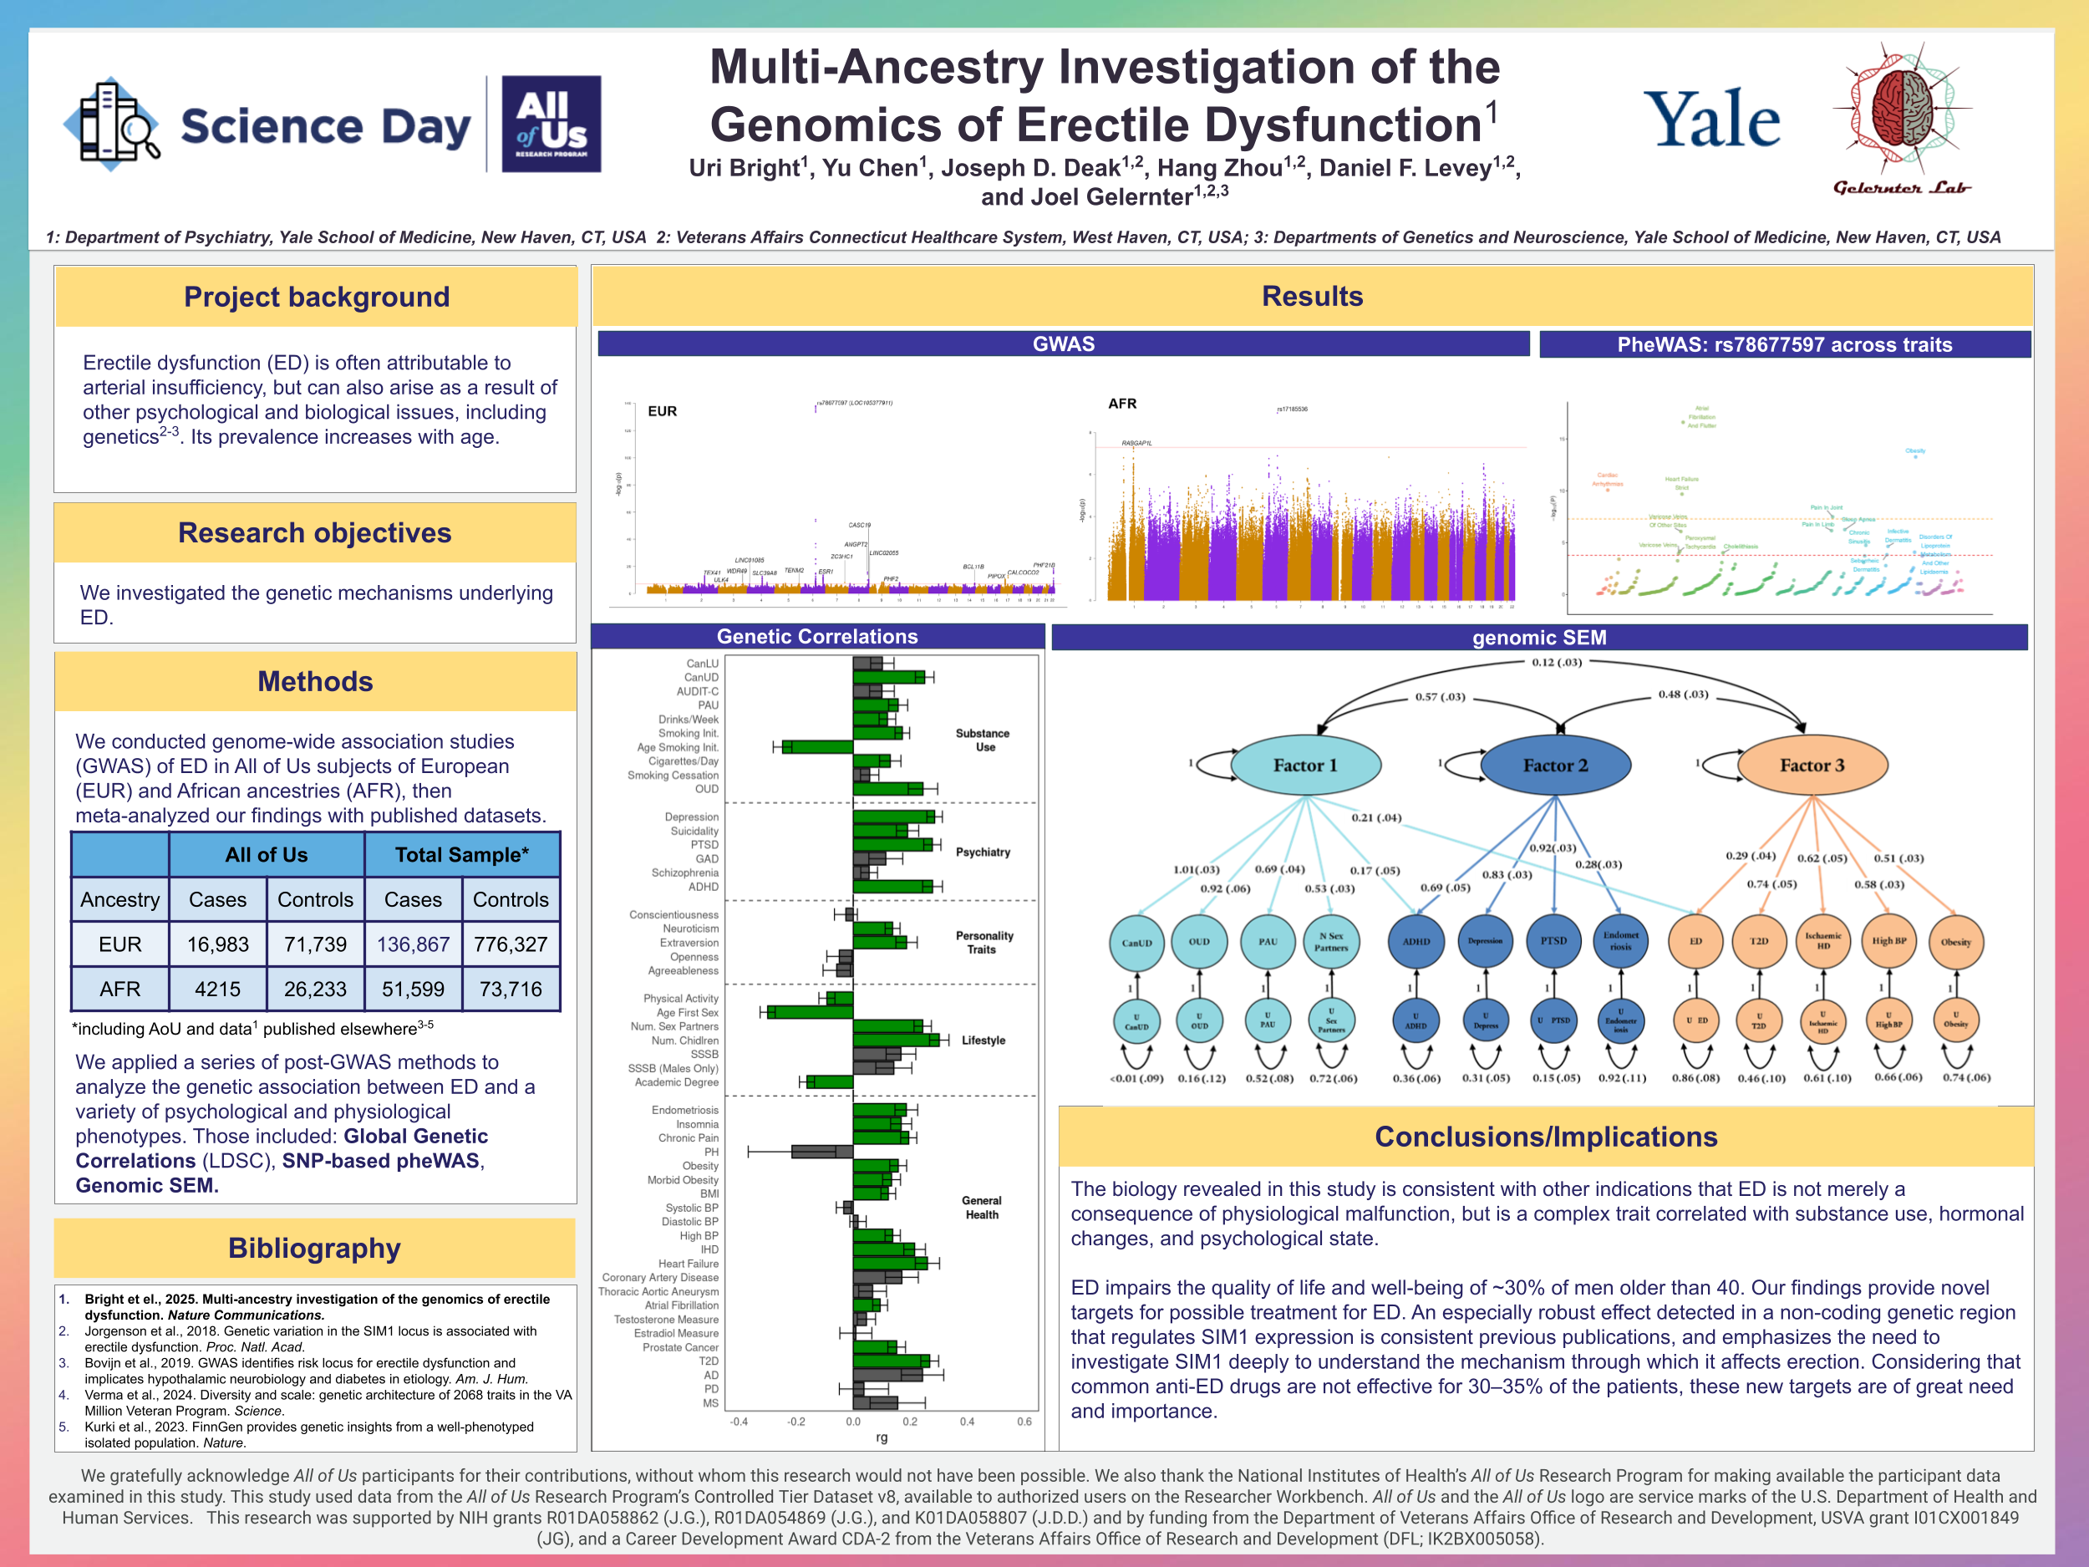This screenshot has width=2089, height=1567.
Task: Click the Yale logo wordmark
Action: [1711, 120]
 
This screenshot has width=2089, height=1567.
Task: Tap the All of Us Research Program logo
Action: [551, 124]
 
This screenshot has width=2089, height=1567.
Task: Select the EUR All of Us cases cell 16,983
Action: [217, 944]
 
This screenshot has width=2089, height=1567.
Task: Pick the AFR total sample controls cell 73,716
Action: [510, 988]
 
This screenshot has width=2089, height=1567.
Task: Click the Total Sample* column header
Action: [461, 855]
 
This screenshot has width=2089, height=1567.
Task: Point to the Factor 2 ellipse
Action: [1554, 765]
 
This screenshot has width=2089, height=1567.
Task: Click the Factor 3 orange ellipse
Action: [1812, 765]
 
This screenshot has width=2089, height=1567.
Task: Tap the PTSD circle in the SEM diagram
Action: [1553, 941]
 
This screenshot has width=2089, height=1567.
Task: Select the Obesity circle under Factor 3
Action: [1955, 942]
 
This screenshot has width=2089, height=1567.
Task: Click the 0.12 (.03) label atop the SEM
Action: [1557, 662]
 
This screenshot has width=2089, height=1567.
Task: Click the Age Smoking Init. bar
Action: [817, 747]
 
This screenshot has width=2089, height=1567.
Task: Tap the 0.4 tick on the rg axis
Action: [967, 1422]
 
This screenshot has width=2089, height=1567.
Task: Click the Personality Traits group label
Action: [984, 942]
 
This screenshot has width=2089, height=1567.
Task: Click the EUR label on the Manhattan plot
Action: [662, 411]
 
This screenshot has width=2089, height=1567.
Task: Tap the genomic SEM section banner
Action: [1538, 638]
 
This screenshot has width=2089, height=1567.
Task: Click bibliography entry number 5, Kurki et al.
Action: [309, 1434]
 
